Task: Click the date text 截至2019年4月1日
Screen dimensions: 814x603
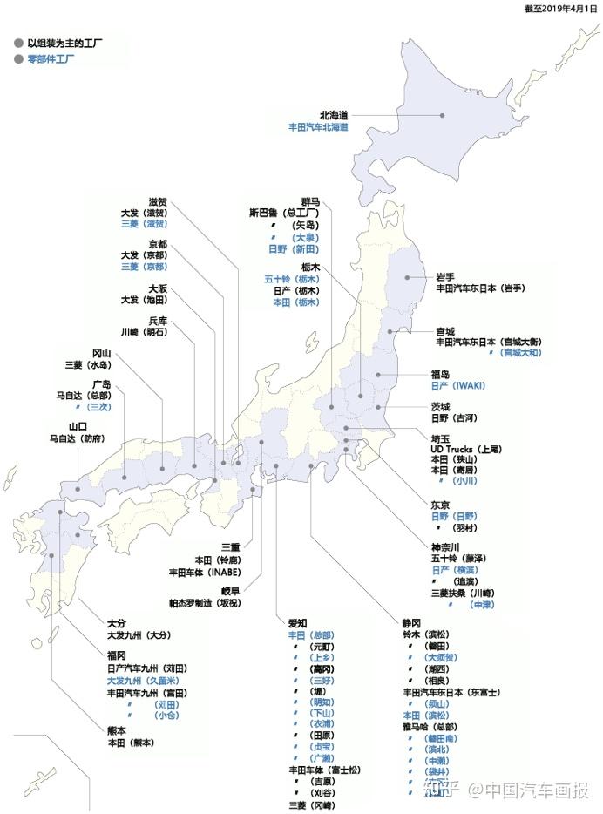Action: [x=561, y=8]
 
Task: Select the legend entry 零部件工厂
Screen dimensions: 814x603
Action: [x=50, y=59]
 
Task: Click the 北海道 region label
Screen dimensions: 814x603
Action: [x=334, y=114]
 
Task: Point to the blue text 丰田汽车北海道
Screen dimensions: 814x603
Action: [x=319, y=127]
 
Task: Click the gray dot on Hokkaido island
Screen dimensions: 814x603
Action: [x=443, y=115]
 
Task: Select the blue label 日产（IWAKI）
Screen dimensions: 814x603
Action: [x=457, y=385]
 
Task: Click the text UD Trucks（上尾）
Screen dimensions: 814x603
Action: [x=466, y=449]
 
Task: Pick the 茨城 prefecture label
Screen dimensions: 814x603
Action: [x=440, y=406]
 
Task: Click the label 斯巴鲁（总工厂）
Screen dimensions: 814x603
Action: [x=284, y=212]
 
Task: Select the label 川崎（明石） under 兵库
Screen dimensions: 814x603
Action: [x=145, y=332]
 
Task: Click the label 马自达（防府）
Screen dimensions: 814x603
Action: [x=77, y=438]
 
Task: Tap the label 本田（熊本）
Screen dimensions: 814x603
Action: [x=131, y=743]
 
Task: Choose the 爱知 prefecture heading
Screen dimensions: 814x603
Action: [x=298, y=623]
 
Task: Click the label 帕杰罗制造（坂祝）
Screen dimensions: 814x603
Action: [x=205, y=602]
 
